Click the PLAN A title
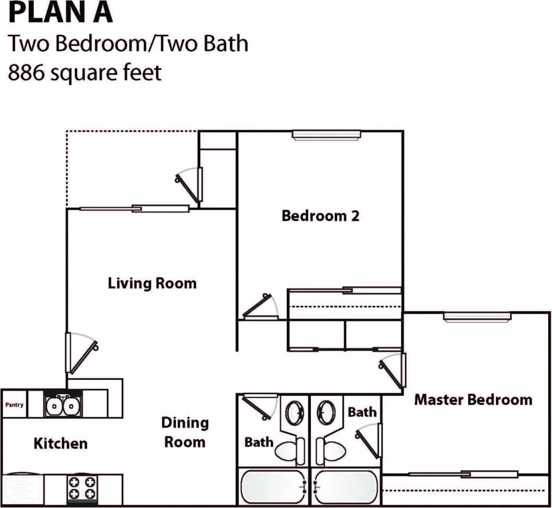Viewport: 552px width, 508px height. pyautogui.click(x=61, y=13)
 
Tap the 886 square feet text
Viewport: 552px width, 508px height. pyautogui.click(x=85, y=72)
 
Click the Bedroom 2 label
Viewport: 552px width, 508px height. pyautogui.click(x=320, y=216)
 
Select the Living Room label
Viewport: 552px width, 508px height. pyautogui.click(x=152, y=283)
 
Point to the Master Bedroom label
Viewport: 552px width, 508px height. pyautogui.click(x=473, y=400)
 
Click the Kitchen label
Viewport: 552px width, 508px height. pyautogui.click(x=60, y=443)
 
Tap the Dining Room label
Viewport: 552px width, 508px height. pyautogui.click(x=185, y=432)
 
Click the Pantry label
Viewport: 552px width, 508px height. pyautogui.click(x=14, y=405)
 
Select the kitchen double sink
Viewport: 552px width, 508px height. pyautogui.click(x=63, y=406)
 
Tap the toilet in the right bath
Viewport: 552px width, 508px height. pyautogui.click(x=331, y=450)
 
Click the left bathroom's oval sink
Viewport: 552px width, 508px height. pyautogui.click(x=295, y=413)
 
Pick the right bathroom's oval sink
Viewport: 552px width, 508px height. pyautogui.click(x=325, y=413)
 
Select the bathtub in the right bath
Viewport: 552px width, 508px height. pyautogui.click(x=346, y=487)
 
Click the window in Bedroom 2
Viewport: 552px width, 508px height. pyautogui.click(x=326, y=135)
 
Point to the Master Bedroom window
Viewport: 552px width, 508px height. pyautogui.click(x=477, y=317)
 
